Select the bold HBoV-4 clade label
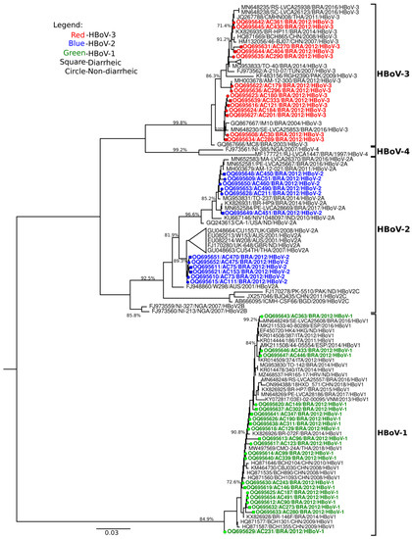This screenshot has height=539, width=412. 390,150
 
